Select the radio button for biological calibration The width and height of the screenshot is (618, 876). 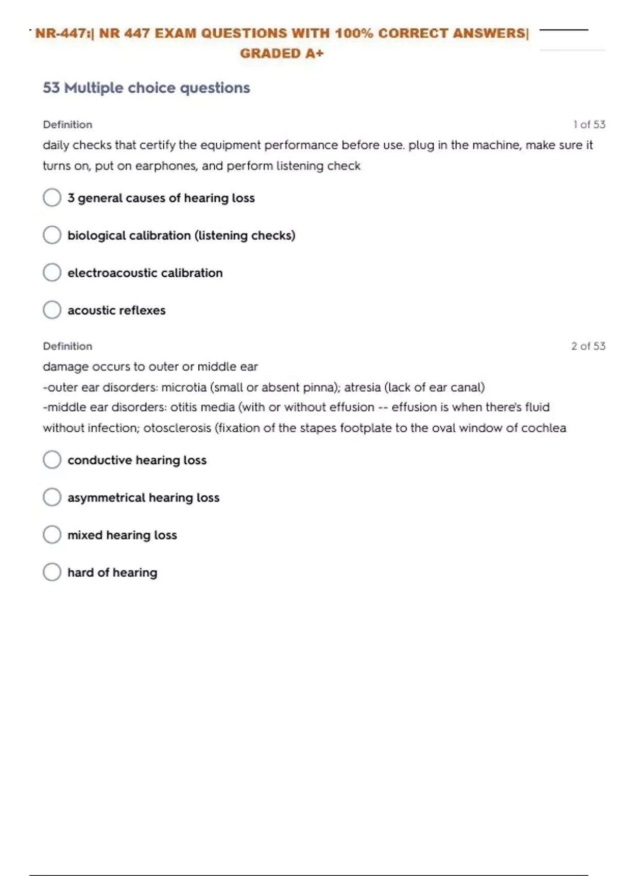pyautogui.click(x=52, y=235)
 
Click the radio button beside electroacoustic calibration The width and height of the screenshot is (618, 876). pyautogui.click(x=52, y=273)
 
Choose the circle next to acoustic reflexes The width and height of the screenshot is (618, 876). pyautogui.click(x=52, y=310)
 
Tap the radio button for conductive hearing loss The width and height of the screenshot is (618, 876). pyautogui.click(x=52, y=460)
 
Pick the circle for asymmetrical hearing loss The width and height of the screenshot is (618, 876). pyautogui.click(x=52, y=497)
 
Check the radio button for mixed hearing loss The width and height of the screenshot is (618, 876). pyautogui.click(x=52, y=534)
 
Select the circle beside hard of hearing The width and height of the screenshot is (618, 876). pyautogui.click(x=52, y=572)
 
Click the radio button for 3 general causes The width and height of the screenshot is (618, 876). pyautogui.click(x=52, y=197)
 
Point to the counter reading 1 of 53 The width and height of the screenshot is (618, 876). pyautogui.click(x=589, y=125)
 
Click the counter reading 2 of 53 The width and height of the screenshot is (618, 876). pyautogui.click(x=588, y=346)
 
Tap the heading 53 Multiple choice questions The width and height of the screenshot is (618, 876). pyautogui.click(x=146, y=88)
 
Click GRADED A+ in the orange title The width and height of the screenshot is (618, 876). pyautogui.click(x=282, y=54)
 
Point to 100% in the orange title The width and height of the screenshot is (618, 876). pyautogui.click(x=354, y=33)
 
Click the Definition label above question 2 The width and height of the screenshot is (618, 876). pyautogui.click(x=67, y=346)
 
